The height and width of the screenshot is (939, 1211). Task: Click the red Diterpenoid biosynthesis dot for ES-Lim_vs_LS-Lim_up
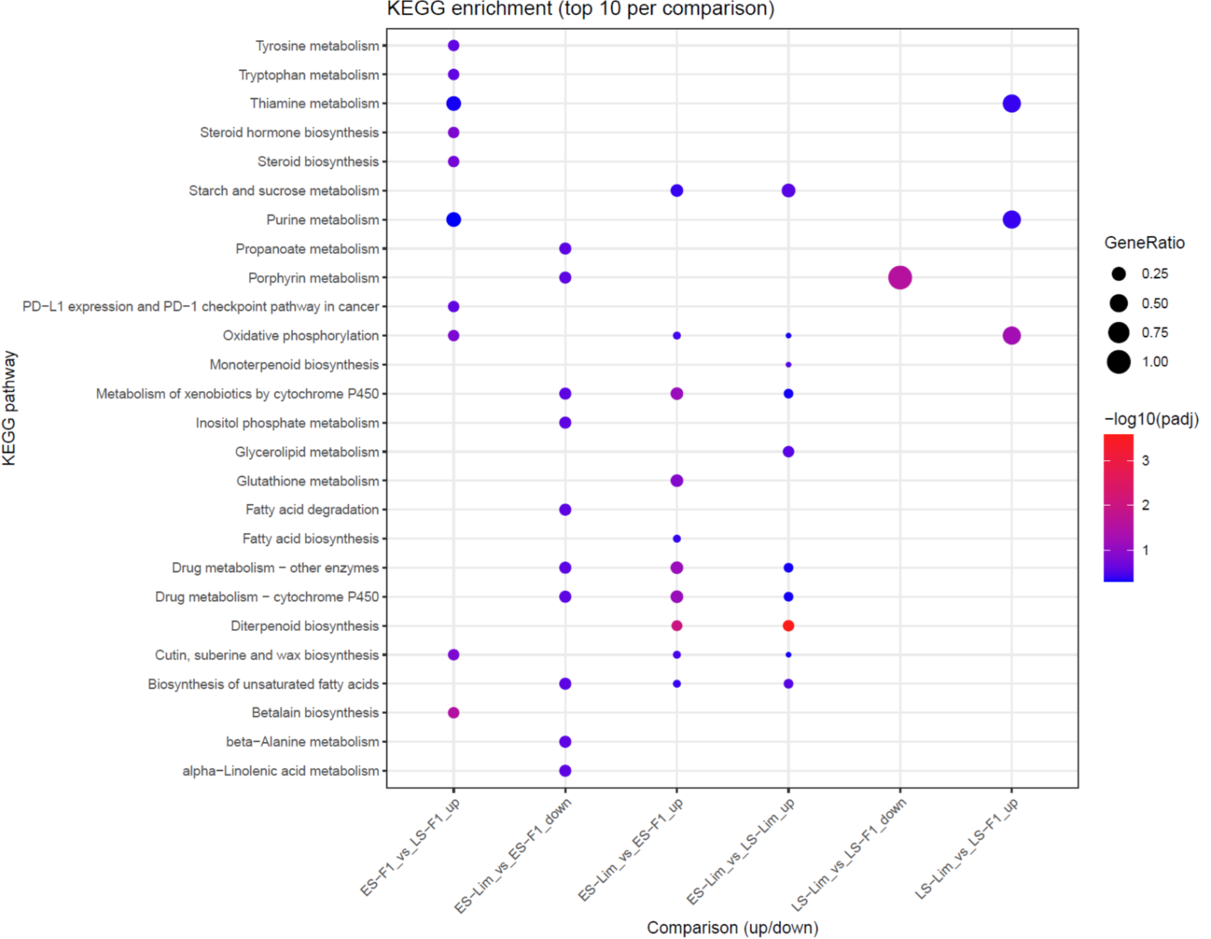tap(788, 626)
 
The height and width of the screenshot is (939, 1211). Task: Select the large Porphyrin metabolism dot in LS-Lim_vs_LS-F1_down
tap(900, 277)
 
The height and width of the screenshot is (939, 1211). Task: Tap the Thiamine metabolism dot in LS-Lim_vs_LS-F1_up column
tap(1011, 104)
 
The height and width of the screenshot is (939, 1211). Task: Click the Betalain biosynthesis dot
tap(454, 713)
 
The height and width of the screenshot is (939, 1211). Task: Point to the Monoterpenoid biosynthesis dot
tap(788, 365)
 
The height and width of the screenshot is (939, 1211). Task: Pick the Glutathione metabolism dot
tap(677, 481)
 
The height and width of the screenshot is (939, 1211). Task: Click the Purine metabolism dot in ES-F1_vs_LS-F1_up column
tap(454, 220)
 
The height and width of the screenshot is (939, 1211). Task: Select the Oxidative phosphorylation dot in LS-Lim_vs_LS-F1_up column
tap(1011, 336)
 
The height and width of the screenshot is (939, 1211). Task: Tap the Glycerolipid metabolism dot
tap(788, 451)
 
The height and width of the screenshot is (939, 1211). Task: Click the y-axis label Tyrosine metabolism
tap(316, 46)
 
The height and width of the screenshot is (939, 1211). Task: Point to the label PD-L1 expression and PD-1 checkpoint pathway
tap(200, 306)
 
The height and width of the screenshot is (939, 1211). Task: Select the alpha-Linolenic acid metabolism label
tap(280, 771)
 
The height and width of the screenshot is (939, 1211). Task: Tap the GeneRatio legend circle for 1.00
tap(1119, 362)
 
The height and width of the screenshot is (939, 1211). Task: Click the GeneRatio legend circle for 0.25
tap(1119, 274)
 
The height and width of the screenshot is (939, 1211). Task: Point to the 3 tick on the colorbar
tap(1145, 461)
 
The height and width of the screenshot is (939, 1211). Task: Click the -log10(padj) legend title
tap(1150, 419)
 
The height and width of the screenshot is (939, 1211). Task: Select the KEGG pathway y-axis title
tap(9, 408)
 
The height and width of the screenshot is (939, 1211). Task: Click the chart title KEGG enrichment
tap(580, 9)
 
